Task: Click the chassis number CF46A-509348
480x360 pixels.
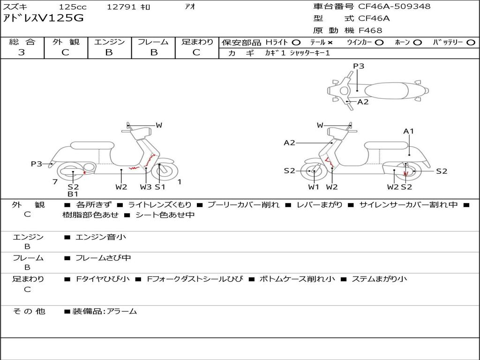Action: tap(394, 6)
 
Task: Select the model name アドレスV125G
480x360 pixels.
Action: tap(43, 18)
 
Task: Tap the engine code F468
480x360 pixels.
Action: tap(370, 30)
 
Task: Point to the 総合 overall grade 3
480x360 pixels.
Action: tap(22, 52)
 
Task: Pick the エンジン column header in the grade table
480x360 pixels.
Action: tap(109, 42)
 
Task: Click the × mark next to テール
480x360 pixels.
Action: tap(330, 43)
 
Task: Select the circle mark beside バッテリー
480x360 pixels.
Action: tap(471, 43)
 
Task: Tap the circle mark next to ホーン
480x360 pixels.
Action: tap(417, 43)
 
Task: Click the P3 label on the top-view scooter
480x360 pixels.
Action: tap(359, 66)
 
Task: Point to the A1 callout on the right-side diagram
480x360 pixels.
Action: tap(408, 131)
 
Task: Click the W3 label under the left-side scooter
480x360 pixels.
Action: tap(146, 187)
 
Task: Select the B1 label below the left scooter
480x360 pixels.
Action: tap(73, 194)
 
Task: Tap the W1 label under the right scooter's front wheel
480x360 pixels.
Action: tap(314, 187)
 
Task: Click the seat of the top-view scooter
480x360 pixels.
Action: tap(387, 91)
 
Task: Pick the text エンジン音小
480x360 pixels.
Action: tap(101, 237)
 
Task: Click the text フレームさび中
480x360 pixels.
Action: tap(103, 258)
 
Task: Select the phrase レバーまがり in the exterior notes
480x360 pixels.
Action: tap(319, 204)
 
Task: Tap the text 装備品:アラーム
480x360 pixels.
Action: tap(105, 311)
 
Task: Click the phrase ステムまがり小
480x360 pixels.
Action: tap(379, 279)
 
